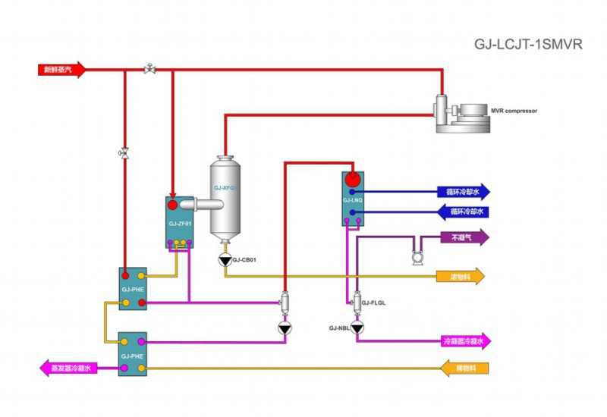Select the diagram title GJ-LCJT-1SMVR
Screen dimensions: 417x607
pos(528,44)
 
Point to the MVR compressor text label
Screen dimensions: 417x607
pos(514,111)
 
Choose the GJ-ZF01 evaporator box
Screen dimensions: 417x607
pos(181,221)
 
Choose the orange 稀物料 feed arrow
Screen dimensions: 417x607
pos(464,368)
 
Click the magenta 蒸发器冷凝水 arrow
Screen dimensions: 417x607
pos(67,368)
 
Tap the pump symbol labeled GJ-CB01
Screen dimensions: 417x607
pos(225,260)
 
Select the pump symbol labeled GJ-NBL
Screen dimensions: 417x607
pos(357,328)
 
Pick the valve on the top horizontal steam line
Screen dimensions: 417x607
pos(149,70)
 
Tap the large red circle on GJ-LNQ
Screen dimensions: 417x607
pos(352,180)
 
